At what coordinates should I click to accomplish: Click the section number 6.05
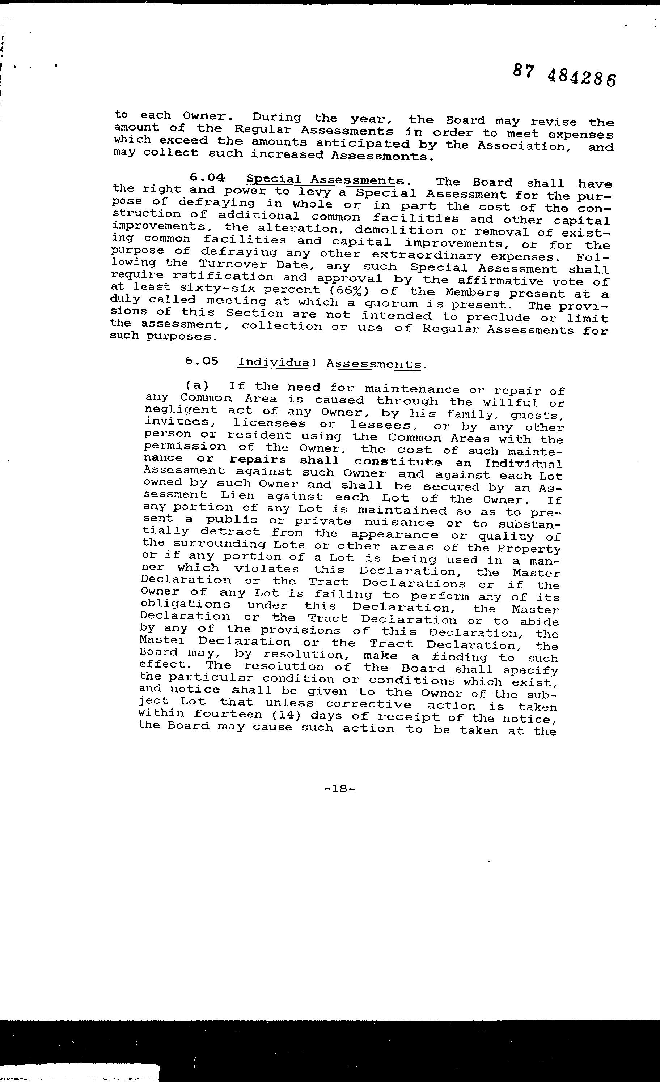[x=202, y=361]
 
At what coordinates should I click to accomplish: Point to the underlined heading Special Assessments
[x=325, y=180]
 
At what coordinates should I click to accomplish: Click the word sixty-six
[x=217, y=289]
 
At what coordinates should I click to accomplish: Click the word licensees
[x=269, y=423]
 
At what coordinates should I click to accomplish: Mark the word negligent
[x=181, y=410]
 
